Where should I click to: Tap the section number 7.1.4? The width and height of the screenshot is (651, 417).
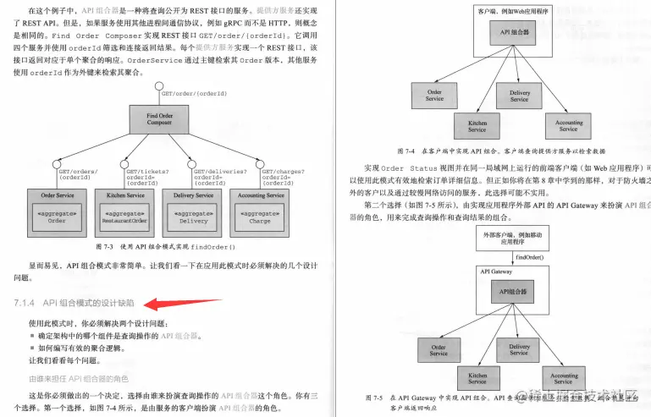coord(24,303)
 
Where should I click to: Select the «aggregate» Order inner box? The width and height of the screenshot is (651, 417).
coord(57,217)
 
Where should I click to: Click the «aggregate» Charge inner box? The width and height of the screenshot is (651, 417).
coord(260,217)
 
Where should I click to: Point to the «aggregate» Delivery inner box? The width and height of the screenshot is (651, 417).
coord(193,217)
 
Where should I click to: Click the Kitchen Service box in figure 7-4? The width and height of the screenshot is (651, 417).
coord(477,126)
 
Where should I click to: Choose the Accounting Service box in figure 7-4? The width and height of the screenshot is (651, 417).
coord(568,126)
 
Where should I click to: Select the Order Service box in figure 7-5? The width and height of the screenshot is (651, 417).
coord(439,350)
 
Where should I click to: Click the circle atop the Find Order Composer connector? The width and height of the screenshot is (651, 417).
coord(158,86)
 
